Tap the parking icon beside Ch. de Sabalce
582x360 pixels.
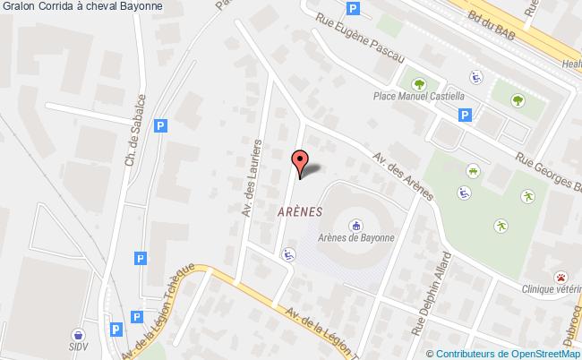click(x=160, y=127)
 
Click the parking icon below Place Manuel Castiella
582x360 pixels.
click(x=466, y=114)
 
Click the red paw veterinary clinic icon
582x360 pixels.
click(x=561, y=277)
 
